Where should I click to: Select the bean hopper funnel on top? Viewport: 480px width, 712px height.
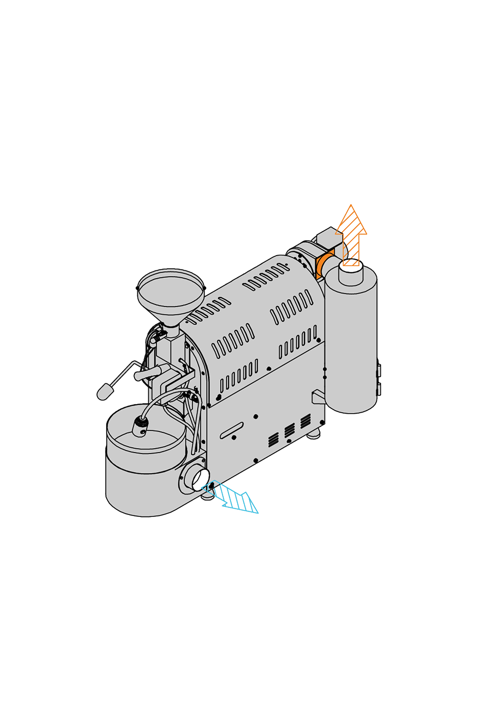(x=171, y=293)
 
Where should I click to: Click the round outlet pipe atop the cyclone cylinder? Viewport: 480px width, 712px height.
(x=351, y=272)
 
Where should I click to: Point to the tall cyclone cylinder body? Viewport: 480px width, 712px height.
(x=351, y=346)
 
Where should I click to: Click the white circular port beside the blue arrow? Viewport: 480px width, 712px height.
(x=199, y=479)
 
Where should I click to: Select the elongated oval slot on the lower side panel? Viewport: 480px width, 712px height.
(x=232, y=430)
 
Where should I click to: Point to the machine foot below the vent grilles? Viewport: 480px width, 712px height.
(x=314, y=435)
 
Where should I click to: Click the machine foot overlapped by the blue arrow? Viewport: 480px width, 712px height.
(x=207, y=495)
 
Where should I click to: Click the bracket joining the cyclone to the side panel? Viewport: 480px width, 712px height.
(x=318, y=397)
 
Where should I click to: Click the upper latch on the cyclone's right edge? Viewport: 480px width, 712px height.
(x=378, y=370)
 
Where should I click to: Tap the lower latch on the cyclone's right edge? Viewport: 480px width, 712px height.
(x=378, y=389)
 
